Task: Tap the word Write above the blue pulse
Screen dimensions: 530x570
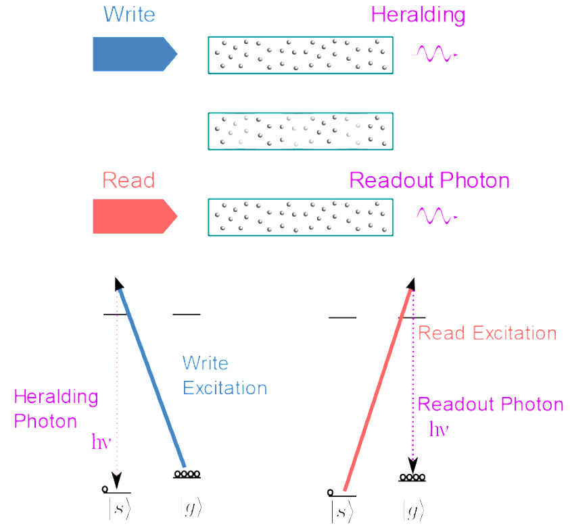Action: [128, 14]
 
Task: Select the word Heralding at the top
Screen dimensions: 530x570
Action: [418, 14]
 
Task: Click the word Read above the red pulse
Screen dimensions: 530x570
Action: [128, 181]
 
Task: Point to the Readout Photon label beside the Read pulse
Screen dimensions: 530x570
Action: [429, 181]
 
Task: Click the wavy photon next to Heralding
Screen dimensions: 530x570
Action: [436, 53]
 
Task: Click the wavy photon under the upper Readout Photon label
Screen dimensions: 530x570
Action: [436, 216]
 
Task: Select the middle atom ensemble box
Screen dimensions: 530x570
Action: [300, 131]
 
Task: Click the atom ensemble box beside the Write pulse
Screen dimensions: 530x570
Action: [300, 54]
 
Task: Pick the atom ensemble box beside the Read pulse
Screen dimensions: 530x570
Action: [300, 217]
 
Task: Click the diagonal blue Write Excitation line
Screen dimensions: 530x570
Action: [152, 378]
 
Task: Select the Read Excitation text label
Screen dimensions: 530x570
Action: [487, 333]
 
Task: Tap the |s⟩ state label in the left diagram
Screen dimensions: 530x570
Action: [120, 510]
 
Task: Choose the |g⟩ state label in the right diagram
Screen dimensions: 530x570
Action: [412, 512]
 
